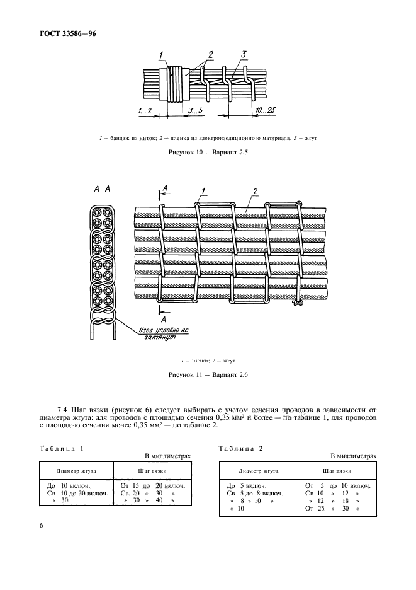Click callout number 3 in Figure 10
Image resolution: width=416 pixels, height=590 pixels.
coord(243,55)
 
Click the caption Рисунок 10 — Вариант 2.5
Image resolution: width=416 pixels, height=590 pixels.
coord(208,153)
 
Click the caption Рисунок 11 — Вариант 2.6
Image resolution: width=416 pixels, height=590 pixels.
coord(208,375)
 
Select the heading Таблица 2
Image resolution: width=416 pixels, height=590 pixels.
coord(240,448)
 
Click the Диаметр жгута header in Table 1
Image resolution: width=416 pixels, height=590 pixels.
coord(75,470)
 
